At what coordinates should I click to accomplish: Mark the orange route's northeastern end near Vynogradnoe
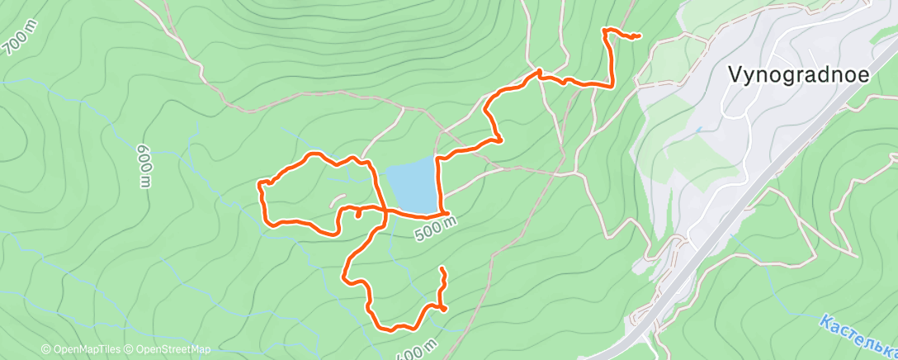640,36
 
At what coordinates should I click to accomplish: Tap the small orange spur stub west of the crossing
358,214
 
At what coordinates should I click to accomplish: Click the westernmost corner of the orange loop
261,182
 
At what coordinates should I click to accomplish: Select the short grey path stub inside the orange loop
336,198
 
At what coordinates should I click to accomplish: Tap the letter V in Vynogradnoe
735,73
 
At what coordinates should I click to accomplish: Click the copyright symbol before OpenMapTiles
46,349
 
